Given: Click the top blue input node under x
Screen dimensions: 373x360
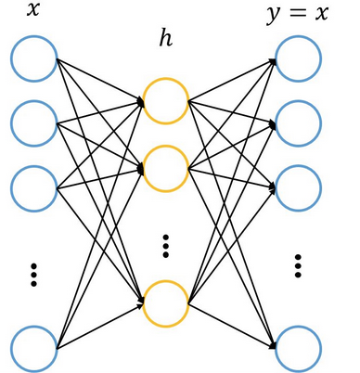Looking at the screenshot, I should point(34,58).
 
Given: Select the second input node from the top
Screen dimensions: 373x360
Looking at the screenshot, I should point(34,121).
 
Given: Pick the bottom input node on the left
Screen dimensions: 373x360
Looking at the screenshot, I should point(34,348).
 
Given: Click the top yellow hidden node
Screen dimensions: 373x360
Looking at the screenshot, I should point(166,100).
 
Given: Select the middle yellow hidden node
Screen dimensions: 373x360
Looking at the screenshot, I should point(166,168).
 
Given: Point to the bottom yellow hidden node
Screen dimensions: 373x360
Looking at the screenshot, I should point(166,302).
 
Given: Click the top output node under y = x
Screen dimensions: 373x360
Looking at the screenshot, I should point(299,58).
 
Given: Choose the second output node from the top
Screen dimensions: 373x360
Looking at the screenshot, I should point(299,121).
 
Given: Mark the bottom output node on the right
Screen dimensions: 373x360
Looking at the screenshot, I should point(299,348).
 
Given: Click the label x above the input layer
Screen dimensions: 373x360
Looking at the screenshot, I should point(33,12).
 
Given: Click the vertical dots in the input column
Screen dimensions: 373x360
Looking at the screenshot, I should point(34,274).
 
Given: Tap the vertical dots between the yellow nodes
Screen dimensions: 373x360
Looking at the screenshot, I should point(166,246).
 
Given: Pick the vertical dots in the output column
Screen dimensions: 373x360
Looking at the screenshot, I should point(299,264).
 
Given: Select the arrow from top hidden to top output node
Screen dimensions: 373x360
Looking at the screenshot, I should point(232,80).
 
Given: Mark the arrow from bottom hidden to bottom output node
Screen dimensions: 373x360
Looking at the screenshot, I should point(232,326).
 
